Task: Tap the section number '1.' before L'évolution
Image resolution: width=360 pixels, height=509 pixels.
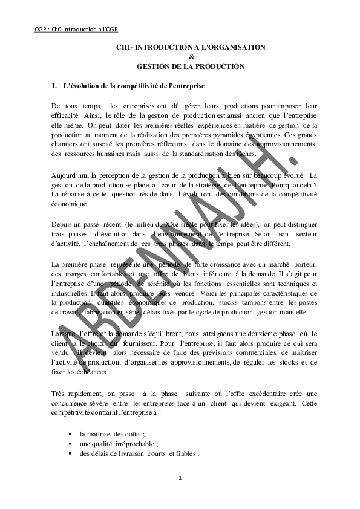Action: [x=54, y=86]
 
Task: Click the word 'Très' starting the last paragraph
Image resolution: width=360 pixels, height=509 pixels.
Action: [x=59, y=393]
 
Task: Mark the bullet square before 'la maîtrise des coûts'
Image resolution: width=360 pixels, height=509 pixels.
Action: [x=71, y=433]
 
